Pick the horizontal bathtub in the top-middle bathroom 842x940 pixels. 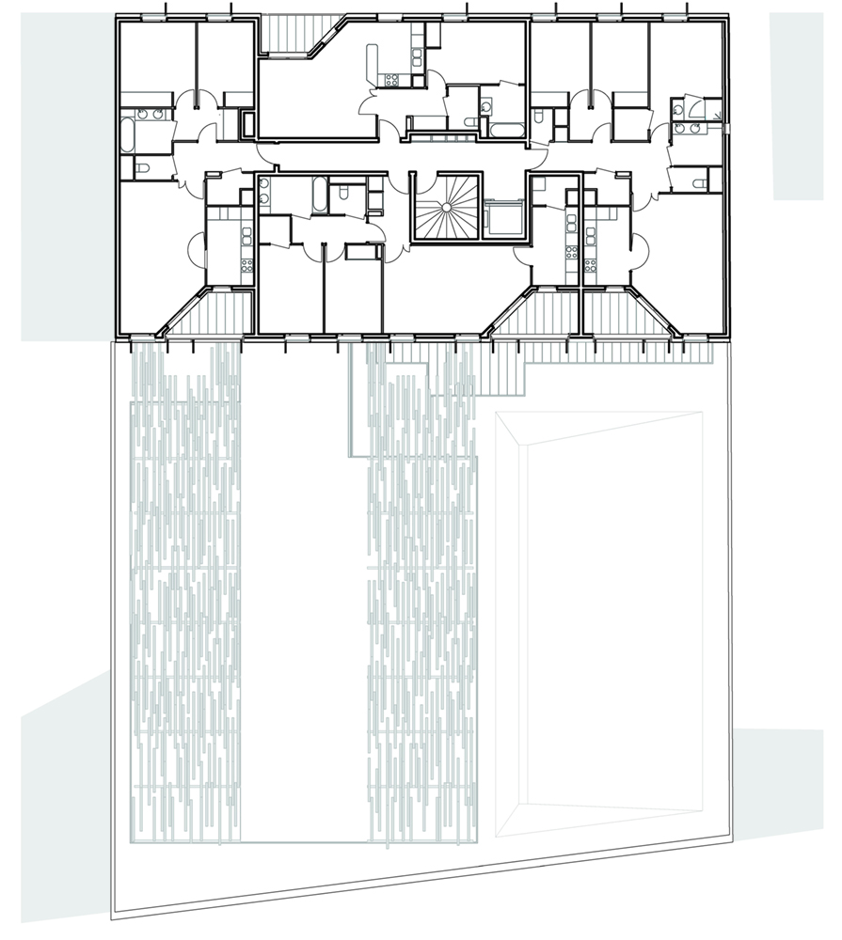pos(506,126)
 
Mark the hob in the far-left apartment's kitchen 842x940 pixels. pos(246,264)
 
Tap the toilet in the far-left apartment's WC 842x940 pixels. pos(141,168)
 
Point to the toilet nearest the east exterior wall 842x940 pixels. pos(700,180)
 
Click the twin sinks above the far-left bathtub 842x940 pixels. pos(149,115)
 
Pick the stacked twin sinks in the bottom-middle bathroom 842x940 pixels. pos(265,193)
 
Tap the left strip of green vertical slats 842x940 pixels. pos(185,592)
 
